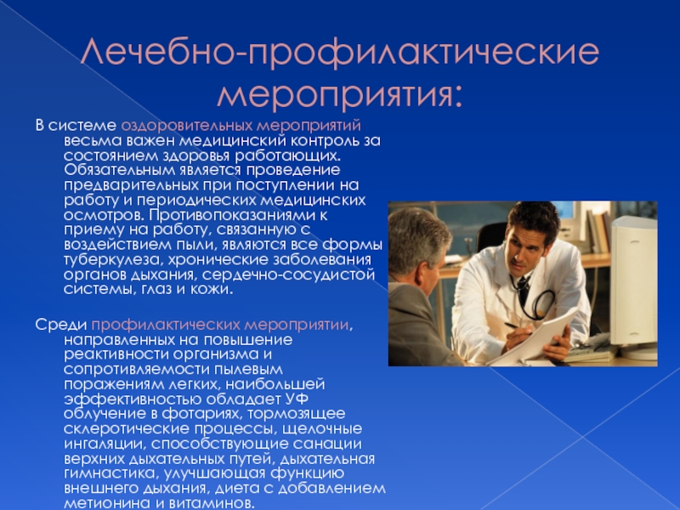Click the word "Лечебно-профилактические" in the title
tap(339, 52)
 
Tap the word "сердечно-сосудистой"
tap(288, 275)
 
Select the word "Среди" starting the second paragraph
tap(61, 325)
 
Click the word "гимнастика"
tap(105, 473)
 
